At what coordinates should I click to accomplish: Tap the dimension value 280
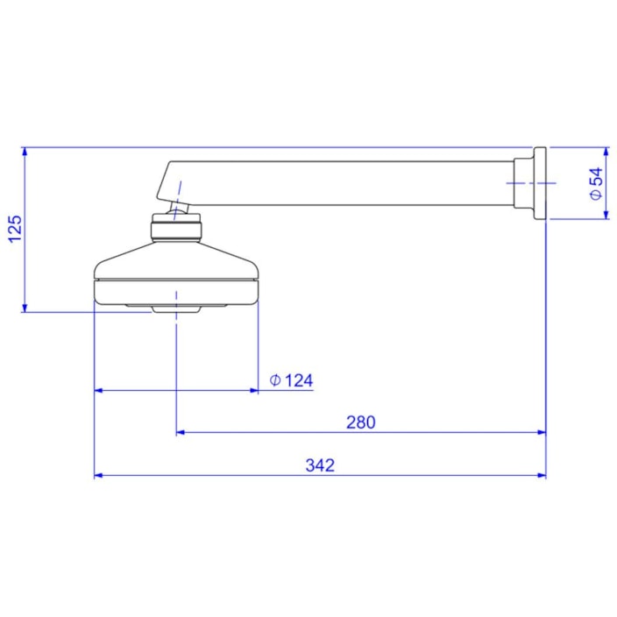tap(359, 422)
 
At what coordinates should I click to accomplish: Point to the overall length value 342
tap(320, 465)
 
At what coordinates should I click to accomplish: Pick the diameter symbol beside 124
tap(274, 380)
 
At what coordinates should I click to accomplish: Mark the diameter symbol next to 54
tap(597, 196)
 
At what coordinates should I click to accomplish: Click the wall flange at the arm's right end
tap(538, 183)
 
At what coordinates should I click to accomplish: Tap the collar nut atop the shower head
tap(177, 231)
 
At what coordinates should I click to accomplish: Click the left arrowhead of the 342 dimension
tap(98, 475)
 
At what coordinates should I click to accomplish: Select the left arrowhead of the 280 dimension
tap(181, 432)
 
